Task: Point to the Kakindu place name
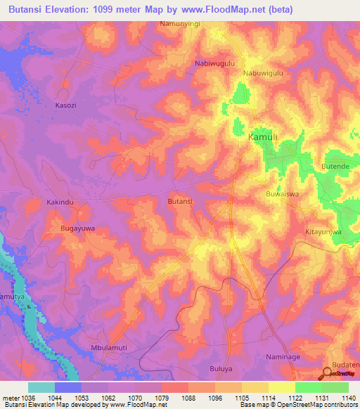click(x=60, y=202)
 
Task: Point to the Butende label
click(x=335, y=166)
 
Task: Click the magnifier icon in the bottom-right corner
click(x=328, y=374)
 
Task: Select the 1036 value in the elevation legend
click(x=27, y=397)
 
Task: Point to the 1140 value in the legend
click(x=348, y=397)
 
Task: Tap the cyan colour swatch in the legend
click(x=41, y=387)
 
